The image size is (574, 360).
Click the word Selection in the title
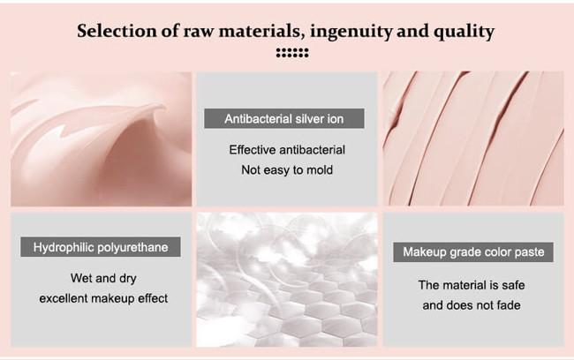pos(117,31)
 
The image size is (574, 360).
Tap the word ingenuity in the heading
pos(351,32)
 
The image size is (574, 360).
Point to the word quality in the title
pos(464,32)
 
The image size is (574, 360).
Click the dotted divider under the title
pos(292,53)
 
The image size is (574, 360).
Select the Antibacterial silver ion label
pos(284,118)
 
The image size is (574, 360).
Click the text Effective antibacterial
pos(287,150)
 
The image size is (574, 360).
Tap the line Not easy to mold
pos(287,169)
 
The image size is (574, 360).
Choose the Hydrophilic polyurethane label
pos(101,247)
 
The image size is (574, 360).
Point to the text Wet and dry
pos(103,279)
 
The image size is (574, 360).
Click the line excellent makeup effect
pos(103,298)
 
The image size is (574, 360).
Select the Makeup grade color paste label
pos(473,252)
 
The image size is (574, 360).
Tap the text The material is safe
pos(472,285)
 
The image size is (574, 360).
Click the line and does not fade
pos(472,305)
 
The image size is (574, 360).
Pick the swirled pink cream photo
pos(101,139)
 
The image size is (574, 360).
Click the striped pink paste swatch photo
pos(473,139)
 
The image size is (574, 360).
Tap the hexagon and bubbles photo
pos(287,280)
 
